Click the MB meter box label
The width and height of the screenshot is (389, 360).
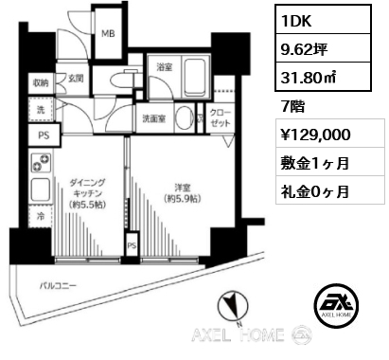108,33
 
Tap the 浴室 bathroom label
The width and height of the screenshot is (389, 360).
165,67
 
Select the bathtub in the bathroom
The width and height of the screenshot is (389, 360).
195,76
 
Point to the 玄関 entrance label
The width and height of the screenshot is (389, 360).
76,79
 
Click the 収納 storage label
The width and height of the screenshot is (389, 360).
41,83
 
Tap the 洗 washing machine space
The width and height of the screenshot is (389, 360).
41,109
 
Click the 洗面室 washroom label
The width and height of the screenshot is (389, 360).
154,118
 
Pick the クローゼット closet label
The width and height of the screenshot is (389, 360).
221,118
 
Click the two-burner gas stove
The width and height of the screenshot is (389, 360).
41,163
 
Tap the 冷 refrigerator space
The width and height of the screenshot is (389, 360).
41,216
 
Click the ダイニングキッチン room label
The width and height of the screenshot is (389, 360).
87,193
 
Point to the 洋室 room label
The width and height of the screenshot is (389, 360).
182,193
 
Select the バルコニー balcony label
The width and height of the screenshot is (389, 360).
58,286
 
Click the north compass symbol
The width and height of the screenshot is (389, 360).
233,307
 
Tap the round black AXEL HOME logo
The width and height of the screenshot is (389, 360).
336,304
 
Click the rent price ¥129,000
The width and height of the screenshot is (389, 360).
315,135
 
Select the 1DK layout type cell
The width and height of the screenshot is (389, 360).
323,20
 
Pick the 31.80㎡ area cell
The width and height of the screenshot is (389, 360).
323,77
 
